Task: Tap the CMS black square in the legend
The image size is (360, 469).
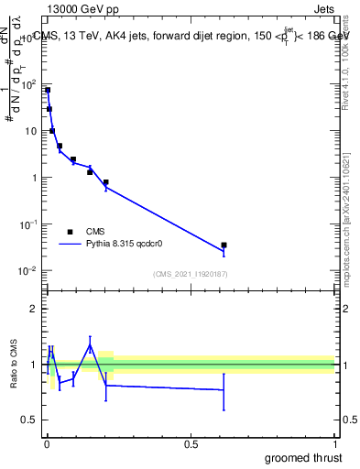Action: (70, 231)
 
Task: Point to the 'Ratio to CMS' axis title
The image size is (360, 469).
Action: (15, 365)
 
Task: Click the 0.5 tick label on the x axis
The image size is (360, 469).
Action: (191, 444)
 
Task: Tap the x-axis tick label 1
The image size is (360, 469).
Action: (335, 444)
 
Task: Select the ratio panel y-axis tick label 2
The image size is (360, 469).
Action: (35, 309)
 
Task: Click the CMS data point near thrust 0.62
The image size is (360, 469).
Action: (224, 245)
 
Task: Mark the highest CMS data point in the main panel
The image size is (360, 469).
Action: (48, 90)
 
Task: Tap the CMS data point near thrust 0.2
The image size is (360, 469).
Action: (106, 182)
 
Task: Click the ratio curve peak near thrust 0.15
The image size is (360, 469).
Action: (90, 344)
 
